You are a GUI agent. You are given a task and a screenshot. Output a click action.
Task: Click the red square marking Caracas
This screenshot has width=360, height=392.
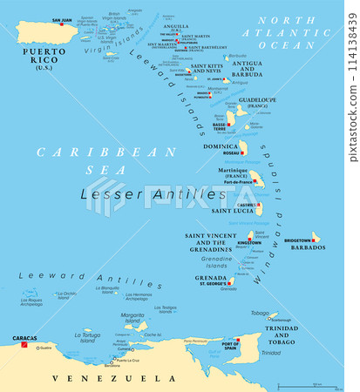(x=25, y=346)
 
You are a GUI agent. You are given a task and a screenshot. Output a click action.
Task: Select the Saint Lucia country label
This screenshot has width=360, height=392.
(x=229, y=209)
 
